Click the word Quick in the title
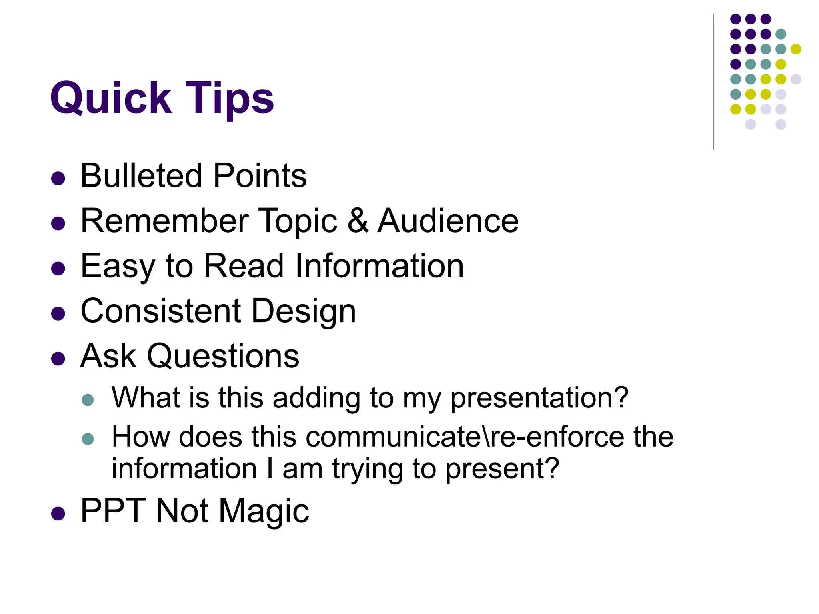coord(111,98)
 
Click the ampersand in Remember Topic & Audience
coord(358,221)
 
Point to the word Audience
coord(448,221)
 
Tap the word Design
coord(304,312)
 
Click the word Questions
coord(223,356)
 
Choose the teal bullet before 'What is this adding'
coord(88,400)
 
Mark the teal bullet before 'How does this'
coord(88,439)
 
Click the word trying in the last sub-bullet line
coord(368,470)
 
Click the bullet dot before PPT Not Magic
coord(58,514)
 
